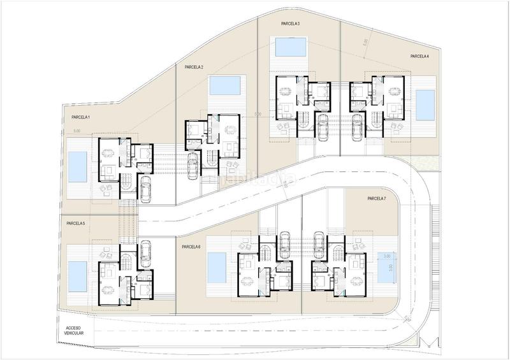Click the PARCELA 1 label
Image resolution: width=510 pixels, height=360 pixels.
(x=81, y=118)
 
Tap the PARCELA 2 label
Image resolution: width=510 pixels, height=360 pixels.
(x=193, y=67)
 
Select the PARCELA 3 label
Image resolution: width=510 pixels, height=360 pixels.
(x=291, y=23)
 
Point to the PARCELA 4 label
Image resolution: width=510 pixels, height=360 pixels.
(x=419, y=57)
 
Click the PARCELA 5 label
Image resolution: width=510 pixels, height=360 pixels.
(x=75, y=224)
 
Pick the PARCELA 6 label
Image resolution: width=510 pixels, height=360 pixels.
(x=191, y=247)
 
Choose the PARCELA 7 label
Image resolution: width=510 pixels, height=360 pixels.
(x=377, y=199)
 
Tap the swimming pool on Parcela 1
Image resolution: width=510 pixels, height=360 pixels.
(x=77, y=166)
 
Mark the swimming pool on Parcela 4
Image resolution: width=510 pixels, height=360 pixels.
(x=425, y=104)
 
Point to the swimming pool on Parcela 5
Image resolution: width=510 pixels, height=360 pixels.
(x=77, y=274)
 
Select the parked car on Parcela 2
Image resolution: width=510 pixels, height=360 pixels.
(x=192, y=167)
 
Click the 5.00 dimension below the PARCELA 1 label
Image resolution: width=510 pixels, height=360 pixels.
(x=76, y=131)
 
